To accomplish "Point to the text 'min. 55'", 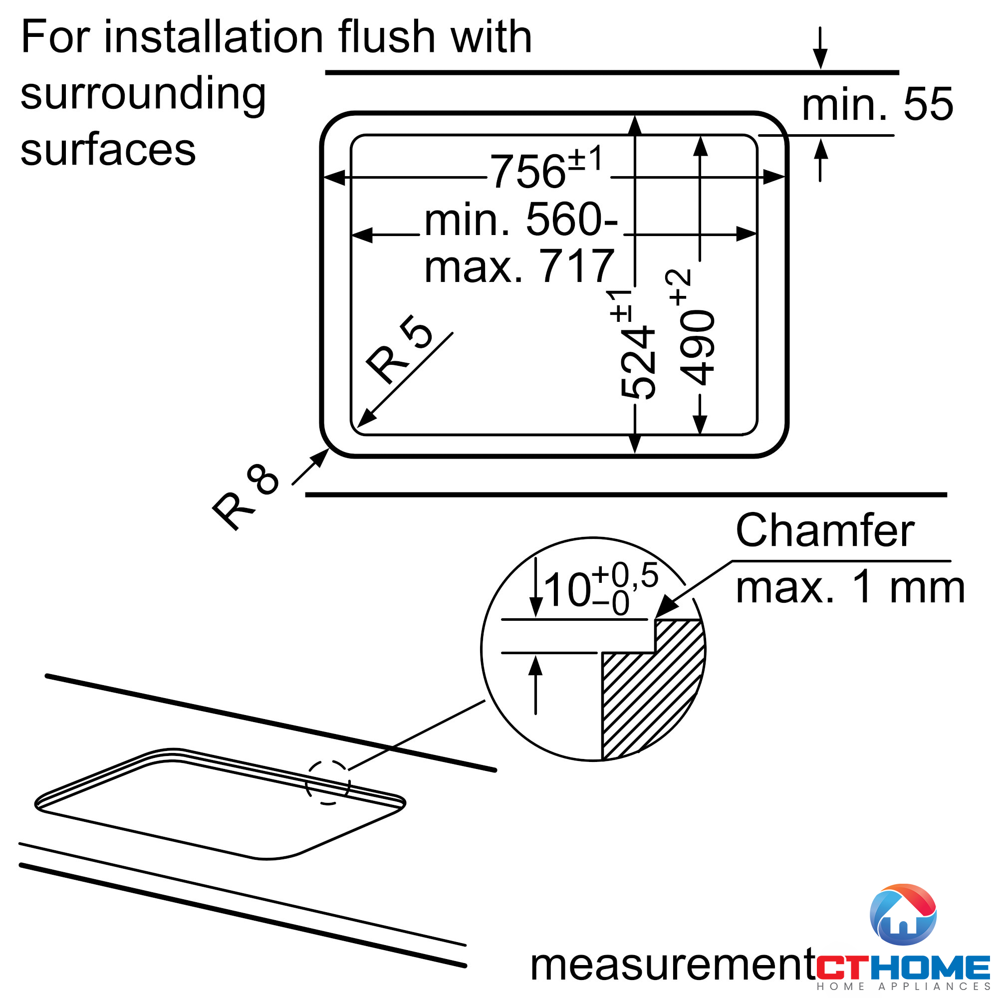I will [877, 105].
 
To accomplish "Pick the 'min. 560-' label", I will [520, 220].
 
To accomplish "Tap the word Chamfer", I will [824, 531].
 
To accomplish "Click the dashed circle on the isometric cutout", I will [328, 782].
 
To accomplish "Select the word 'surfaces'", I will [108, 150].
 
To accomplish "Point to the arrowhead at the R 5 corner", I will [365, 420].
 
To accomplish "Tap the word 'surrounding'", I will [143, 94].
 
